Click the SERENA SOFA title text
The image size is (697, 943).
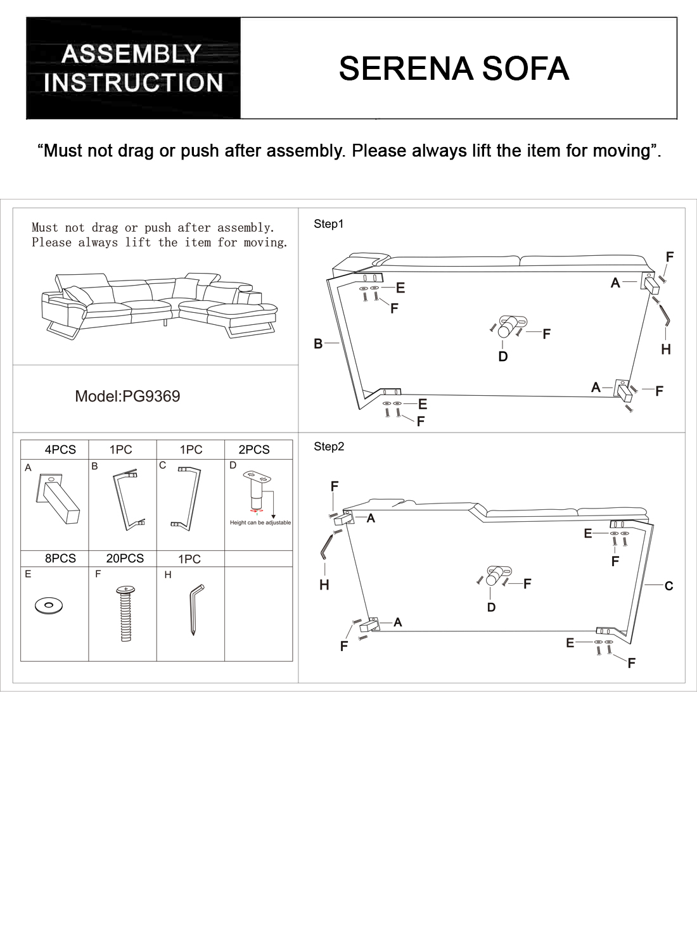(x=454, y=68)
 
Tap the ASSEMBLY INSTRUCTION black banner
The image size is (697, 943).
(x=134, y=68)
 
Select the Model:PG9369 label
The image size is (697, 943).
(x=127, y=396)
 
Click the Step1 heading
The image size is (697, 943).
(x=328, y=224)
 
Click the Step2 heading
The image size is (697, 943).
(x=329, y=446)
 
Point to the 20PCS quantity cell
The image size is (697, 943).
(x=125, y=558)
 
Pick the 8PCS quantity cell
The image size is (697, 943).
(x=60, y=558)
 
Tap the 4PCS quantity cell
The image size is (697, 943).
(x=60, y=450)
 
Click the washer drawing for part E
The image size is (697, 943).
(x=49, y=605)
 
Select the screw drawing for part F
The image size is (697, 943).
(x=125, y=614)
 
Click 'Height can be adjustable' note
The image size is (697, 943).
(x=260, y=522)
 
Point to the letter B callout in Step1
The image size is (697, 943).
(x=318, y=343)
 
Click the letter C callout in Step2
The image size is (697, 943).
(x=668, y=586)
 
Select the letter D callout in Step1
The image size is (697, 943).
(x=503, y=357)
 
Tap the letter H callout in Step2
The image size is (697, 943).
(x=324, y=585)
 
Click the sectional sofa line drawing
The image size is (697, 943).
(x=160, y=305)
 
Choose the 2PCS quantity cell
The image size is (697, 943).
(x=254, y=450)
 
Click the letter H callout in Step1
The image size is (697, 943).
(x=666, y=350)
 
